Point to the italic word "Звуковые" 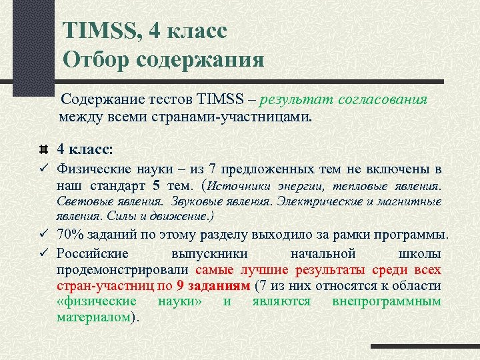[193, 201]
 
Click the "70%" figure [70, 235]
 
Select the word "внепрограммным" [386, 301]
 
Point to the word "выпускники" [210, 254]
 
